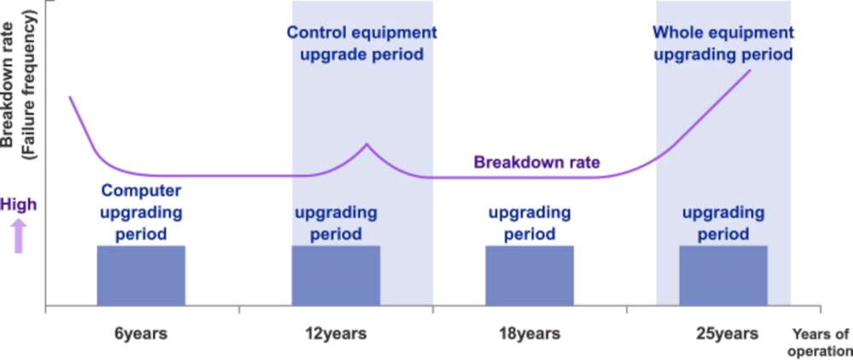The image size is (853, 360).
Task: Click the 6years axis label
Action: [x=141, y=334]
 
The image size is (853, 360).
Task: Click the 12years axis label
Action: [x=337, y=334]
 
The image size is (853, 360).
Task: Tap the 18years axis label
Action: [x=530, y=334]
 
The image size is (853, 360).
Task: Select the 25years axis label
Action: [x=725, y=334]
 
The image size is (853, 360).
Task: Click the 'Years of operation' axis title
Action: [x=820, y=341]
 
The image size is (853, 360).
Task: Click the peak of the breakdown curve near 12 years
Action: [x=367, y=144]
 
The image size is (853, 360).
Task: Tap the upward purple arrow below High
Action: [x=19, y=235]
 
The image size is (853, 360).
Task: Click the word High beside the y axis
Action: [x=19, y=205]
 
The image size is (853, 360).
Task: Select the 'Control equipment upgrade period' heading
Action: [x=362, y=44]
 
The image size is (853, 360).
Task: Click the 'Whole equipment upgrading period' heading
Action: [x=722, y=44]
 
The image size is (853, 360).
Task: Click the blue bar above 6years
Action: [x=141, y=275]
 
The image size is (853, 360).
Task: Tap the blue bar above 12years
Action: [x=336, y=275]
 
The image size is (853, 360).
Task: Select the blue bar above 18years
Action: [x=530, y=275]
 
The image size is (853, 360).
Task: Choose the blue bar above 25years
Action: [x=723, y=275]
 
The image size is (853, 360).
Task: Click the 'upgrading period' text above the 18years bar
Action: [x=530, y=223]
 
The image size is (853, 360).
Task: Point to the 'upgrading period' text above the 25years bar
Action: [x=723, y=223]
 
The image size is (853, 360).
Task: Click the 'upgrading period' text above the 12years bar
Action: [x=336, y=223]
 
